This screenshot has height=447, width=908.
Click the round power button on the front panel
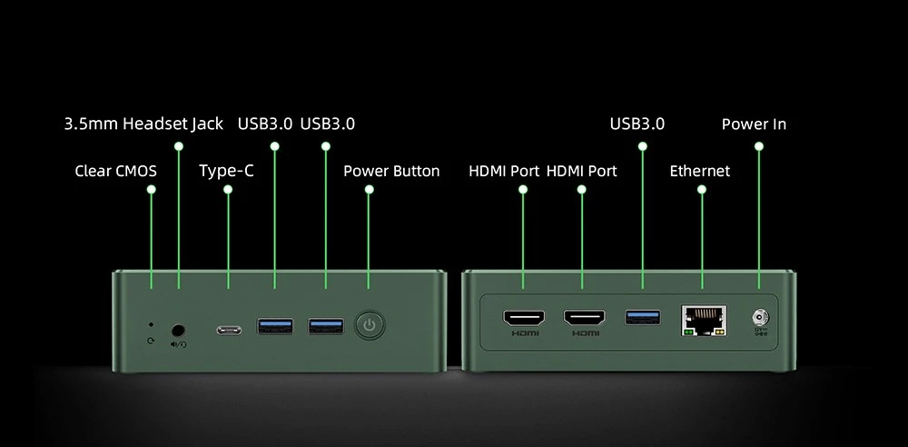(x=370, y=325)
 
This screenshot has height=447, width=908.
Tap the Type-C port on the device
(x=229, y=330)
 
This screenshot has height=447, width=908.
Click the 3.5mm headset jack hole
(x=178, y=331)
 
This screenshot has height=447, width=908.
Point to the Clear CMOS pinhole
(x=151, y=325)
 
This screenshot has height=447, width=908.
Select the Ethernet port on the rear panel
(x=704, y=321)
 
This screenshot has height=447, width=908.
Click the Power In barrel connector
(x=760, y=318)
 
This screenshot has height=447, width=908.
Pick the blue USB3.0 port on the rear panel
(x=642, y=317)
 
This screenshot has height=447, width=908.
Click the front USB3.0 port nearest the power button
(x=325, y=326)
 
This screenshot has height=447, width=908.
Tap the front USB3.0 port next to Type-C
(x=274, y=326)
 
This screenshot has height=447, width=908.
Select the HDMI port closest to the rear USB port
(x=584, y=318)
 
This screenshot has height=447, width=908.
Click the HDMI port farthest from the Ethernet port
(x=524, y=318)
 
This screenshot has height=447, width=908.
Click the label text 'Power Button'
(x=391, y=172)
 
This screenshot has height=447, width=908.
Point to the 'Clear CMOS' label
(x=116, y=171)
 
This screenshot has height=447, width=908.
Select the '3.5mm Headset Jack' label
(x=143, y=124)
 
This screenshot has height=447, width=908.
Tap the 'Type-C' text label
(x=226, y=171)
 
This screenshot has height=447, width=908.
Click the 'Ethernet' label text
(x=700, y=171)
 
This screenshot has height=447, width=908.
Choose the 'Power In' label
(x=754, y=124)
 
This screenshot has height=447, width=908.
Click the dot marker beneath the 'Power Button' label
(x=370, y=190)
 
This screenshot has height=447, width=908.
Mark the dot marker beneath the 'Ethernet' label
(x=702, y=190)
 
